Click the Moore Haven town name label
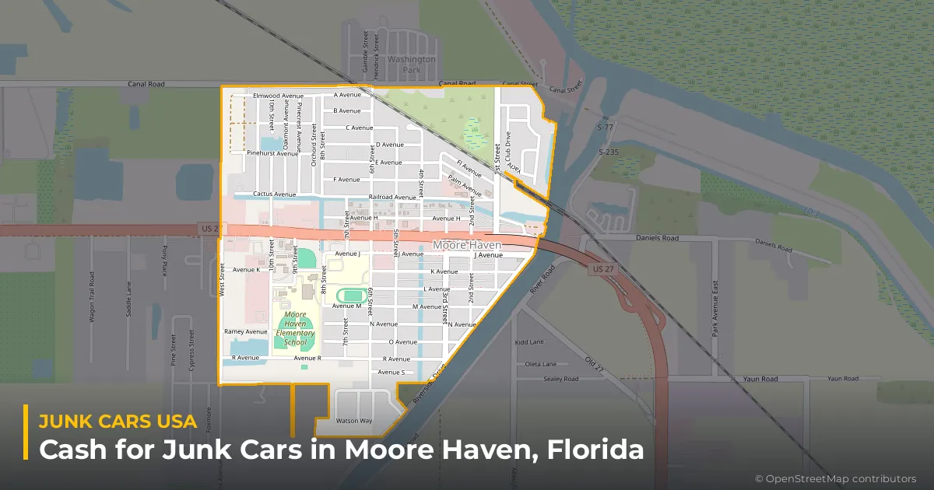(467, 245)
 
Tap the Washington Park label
(412, 64)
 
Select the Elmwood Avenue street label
(278, 96)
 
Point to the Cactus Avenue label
(275, 194)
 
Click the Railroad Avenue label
(393, 198)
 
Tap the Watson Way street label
(353, 421)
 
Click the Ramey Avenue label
(245, 331)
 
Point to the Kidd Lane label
(529, 342)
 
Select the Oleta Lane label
(541, 364)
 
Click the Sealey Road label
(561, 379)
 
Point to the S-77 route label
(606, 127)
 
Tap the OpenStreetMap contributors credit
(835, 478)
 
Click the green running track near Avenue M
(354, 296)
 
